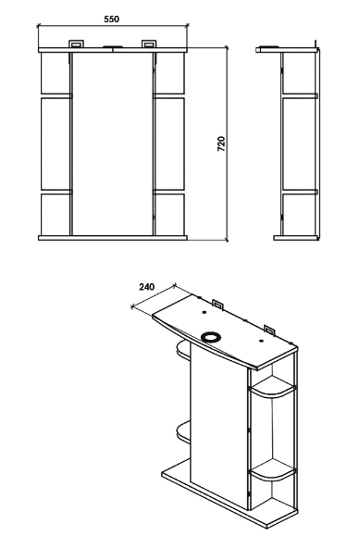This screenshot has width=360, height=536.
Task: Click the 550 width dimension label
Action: click(111, 19)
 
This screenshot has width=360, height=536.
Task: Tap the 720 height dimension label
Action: click(221, 143)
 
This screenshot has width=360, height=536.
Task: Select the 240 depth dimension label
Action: click(146, 287)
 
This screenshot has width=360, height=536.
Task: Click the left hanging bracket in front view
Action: click(76, 44)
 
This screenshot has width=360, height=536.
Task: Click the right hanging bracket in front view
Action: click(149, 44)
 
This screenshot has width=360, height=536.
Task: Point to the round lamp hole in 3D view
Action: click(208, 337)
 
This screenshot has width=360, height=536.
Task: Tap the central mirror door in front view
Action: click(113, 143)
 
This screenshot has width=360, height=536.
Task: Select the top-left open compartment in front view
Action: click(56, 73)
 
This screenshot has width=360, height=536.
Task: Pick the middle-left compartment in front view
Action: click(56, 143)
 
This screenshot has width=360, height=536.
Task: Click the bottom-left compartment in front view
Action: click(56, 215)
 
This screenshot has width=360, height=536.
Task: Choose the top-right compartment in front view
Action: click(170, 73)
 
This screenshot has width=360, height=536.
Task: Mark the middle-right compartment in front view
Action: click(170, 143)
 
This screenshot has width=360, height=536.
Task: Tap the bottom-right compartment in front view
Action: click(170, 215)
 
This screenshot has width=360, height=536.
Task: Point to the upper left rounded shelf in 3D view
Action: click(183, 350)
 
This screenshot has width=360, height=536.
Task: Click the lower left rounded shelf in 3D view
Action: click(183, 432)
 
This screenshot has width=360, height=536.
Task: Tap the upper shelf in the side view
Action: click(300, 96)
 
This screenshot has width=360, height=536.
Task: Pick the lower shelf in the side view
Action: click(300, 193)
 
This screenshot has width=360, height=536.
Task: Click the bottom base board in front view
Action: click(113, 238)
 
